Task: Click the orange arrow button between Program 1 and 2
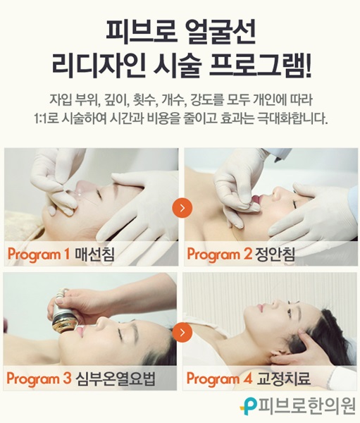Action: pos(182,208)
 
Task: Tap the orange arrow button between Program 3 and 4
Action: pos(182,332)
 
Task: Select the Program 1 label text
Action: pos(39,254)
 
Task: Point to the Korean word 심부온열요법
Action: pos(116,378)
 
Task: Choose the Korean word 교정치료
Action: pos(284,378)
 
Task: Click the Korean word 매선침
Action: pos(94,254)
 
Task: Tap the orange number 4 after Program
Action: pos(247,378)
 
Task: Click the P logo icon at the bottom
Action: pos(249,407)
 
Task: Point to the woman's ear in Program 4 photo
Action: pos(277,357)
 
